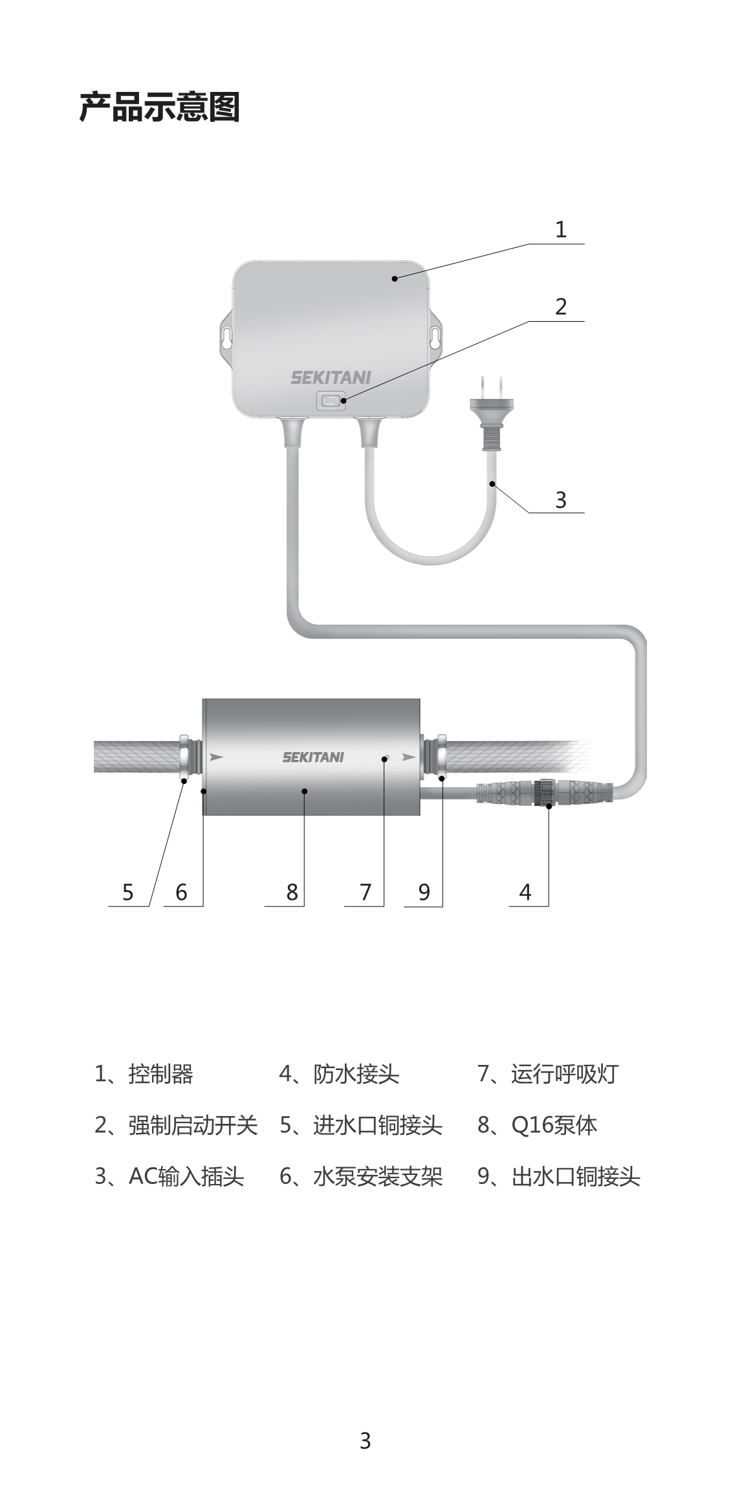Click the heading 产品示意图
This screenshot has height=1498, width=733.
pyautogui.click(x=160, y=107)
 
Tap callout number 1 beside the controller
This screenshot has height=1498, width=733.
pyautogui.click(x=560, y=229)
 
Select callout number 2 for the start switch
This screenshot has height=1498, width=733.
pyautogui.click(x=560, y=306)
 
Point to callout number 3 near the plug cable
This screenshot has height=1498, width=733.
pyautogui.click(x=560, y=500)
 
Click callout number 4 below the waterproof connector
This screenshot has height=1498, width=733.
pyautogui.click(x=525, y=892)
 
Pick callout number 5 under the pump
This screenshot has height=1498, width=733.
pyautogui.click(x=127, y=892)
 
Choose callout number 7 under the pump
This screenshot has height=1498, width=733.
pyautogui.click(x=366, y=892)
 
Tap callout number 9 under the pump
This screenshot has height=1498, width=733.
pyautogui.click(x=424, y=892)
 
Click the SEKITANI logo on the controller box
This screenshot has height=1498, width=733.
pyautogui.click(x=331, y=377)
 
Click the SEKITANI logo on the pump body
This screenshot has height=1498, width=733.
pyautogui.click(x=313, y=757)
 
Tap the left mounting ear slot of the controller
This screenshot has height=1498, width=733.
pyautogui.click(x=227, y=337)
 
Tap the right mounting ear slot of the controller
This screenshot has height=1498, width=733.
pyautogui.click(x=435, y=337)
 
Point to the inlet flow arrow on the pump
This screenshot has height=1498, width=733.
pyautogui.click(x=216, y=756)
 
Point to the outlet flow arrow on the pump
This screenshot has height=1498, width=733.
pyautogui.click(x=409, y=756)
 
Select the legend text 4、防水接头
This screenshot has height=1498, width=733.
pyautogui.click(x=339, y=1074)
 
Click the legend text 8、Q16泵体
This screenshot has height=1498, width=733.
pyautogui.click(x=537, y=1125)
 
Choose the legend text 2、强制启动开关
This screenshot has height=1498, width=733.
pyautogui.click(x=176, y=1125)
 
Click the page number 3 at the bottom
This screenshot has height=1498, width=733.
pyautogui.click(x=366, y=1440)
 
